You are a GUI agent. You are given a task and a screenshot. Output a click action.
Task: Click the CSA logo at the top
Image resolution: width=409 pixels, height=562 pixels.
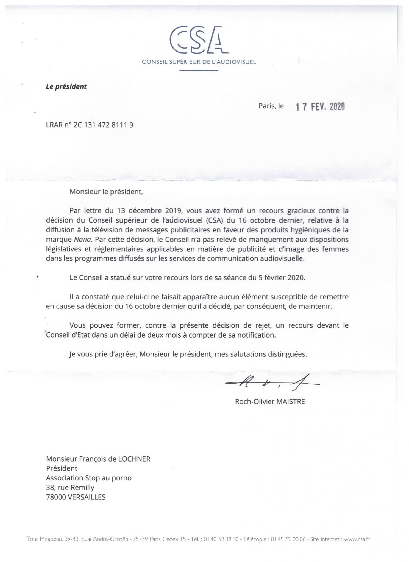coord(199,40)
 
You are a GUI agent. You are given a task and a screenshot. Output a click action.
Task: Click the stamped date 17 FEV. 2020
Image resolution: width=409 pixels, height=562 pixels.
coord(320,107)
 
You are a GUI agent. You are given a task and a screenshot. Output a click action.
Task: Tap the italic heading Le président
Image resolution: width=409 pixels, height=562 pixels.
coord(66,87)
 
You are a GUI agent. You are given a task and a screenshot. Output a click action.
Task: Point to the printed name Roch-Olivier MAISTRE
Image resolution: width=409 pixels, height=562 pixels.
coord(270,402)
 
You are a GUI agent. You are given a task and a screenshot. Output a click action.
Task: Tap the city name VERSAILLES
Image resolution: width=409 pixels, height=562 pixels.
coord(84,497)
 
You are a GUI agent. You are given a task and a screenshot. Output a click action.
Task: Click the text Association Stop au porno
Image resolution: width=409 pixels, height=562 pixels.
coord(89,478)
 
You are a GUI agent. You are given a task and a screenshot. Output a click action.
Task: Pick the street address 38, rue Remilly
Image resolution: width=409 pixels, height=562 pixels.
coord(70,488)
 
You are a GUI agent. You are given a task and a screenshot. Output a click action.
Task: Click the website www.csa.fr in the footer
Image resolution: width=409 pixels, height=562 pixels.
coord(357,539)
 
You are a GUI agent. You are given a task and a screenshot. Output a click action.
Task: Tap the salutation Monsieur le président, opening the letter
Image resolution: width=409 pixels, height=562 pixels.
coord(106,192)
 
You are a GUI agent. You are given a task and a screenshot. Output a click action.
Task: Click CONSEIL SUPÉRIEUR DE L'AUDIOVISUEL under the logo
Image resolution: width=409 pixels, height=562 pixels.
coord(199,62)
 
